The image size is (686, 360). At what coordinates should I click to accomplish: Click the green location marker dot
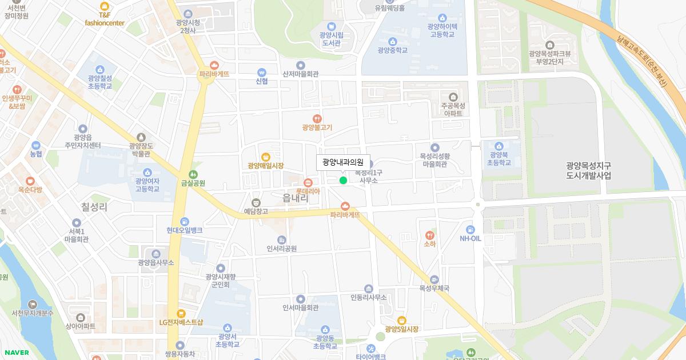pyautogui.click(x=343, y=181)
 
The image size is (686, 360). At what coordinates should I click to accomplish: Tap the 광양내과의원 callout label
pyautogui.click(x=343, y=162)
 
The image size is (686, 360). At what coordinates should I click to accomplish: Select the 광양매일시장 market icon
pyautogui.click(x=266, y=157)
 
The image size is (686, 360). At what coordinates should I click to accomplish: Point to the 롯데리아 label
pyautogui.click(x=308, y=191)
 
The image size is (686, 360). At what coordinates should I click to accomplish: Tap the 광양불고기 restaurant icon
pyautogui.click(x=317, y=118)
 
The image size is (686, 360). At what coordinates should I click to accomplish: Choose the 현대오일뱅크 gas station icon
pyautogui.click(x=185, y=221)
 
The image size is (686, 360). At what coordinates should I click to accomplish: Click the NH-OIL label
pyautogui.click(x=471, y=238)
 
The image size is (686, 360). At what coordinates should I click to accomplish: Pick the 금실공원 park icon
pyautogui.click(x=193, y=174)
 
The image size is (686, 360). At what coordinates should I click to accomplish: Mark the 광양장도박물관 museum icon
pyautogui.click(x=141, y=137)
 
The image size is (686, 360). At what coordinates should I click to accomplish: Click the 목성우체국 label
pyautogui.click(x=434, y=289)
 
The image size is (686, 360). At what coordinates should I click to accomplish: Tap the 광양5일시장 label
pyautogui.click(x=402, y=329)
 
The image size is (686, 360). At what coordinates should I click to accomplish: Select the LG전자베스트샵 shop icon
pyautogui.click(x=181, y=313)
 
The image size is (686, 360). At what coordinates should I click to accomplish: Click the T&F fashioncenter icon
pyautogui.click(x=105, y=6)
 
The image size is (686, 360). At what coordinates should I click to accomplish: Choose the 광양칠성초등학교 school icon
pyautogui.click(x=100, y=70)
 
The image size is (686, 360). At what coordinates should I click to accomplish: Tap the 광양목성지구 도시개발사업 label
pyautogui.click(x=588, y=170)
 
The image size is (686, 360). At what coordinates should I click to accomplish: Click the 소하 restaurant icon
pyautogui.click(x=429, y=235)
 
